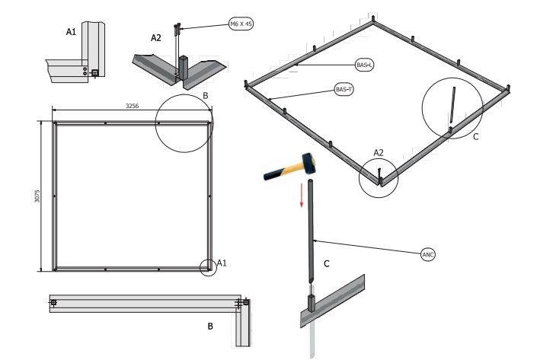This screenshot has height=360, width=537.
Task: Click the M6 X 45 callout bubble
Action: coord(241,24)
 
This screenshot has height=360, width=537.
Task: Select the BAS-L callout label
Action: coord(364,65)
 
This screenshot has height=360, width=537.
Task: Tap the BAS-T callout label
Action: coord(344,90)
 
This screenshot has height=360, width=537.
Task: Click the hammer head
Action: coord(308,161)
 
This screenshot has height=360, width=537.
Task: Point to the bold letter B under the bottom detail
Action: coord(210,327)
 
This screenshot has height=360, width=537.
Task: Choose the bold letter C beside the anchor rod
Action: coord(327,264)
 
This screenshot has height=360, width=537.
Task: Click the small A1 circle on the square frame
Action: coord(206,267)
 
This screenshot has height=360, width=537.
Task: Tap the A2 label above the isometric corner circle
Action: coord(379,152)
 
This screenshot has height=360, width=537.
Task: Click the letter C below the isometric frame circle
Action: coord(476,137)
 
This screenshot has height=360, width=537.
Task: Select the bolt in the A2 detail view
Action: coord(177,30)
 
